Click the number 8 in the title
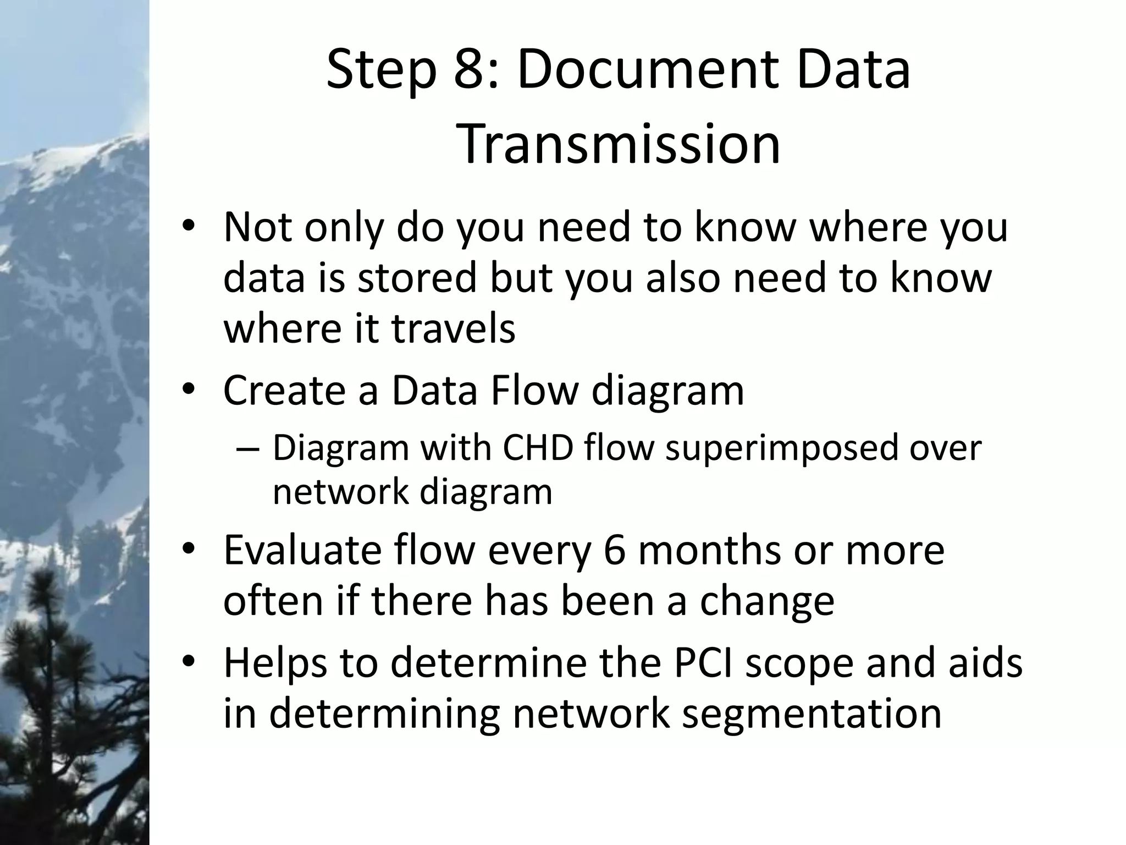click(x=470, y=71)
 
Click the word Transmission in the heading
click(x=619, y=145)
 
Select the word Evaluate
click(x=302, y=550)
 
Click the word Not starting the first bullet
click(x=258, y=227)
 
